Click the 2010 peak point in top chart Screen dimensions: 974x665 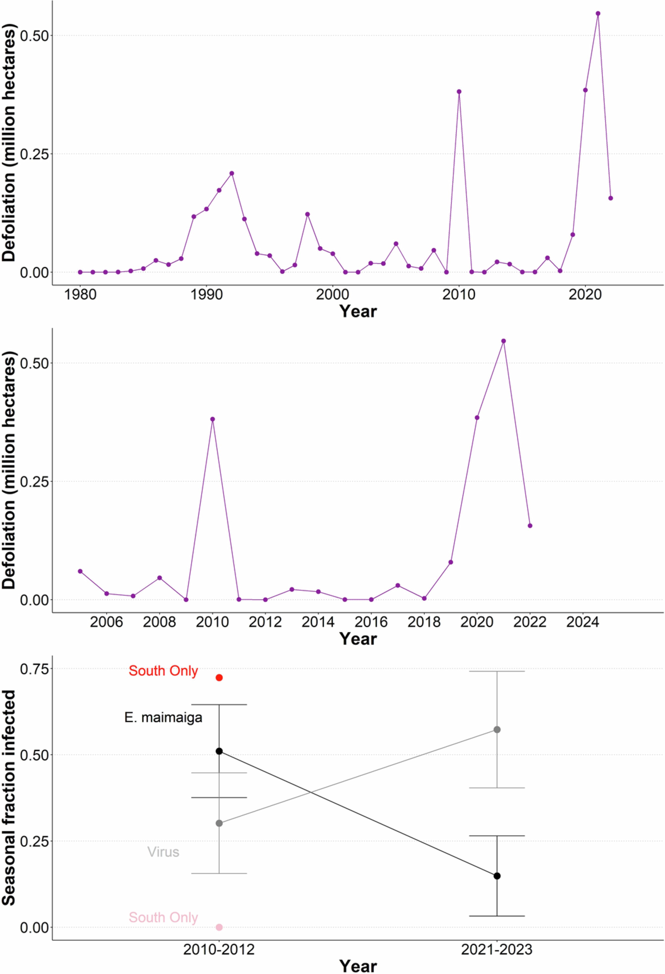[x=459, y=91]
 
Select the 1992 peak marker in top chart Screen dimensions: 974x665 [x=232, y=173]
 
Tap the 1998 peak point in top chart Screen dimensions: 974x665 [x=307, y=214]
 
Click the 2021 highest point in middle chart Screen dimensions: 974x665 [x=503, y=341]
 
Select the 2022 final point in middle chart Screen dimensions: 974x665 [x=530, y=526]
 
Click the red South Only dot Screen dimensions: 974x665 [x=219, y=678]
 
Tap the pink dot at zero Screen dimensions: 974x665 [x=219, y=927]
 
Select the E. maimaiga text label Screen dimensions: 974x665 [x=163, y=717]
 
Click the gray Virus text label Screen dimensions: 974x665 [x=163, y=852]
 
